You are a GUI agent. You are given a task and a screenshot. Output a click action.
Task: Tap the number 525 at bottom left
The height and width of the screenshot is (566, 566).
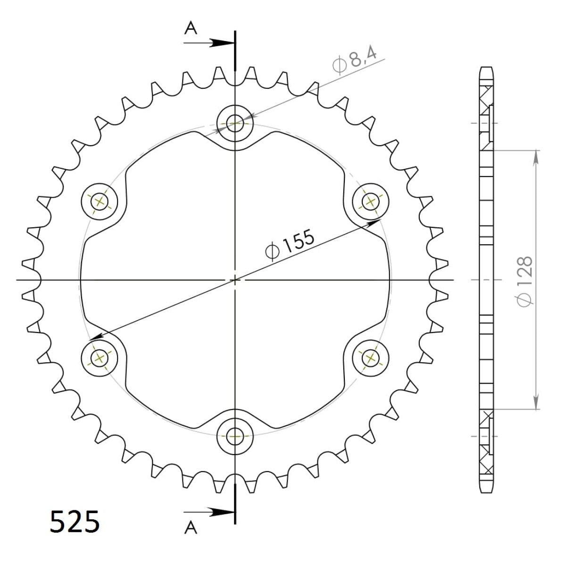pos(75,521)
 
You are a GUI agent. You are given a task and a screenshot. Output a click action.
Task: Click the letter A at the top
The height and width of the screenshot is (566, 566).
pos(190,29)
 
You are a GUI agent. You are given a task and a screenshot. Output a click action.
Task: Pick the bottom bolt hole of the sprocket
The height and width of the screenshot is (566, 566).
pos(235,435)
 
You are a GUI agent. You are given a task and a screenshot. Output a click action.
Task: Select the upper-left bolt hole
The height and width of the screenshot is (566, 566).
pos(100,202)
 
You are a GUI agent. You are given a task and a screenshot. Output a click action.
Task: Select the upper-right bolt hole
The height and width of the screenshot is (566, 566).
pos(370,202)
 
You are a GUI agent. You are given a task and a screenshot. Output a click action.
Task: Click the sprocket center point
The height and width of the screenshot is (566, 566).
pos(235,280)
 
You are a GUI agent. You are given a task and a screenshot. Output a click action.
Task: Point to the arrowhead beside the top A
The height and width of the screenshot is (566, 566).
pos(222,43)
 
